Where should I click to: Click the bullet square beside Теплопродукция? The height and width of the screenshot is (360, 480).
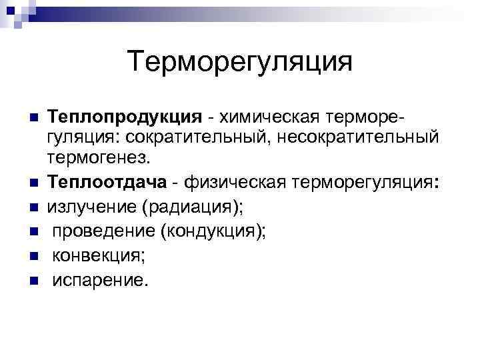(32, 118)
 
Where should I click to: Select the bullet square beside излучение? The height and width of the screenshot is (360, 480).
(32, 207)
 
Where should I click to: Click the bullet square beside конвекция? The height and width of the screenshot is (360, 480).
(32, 257)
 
